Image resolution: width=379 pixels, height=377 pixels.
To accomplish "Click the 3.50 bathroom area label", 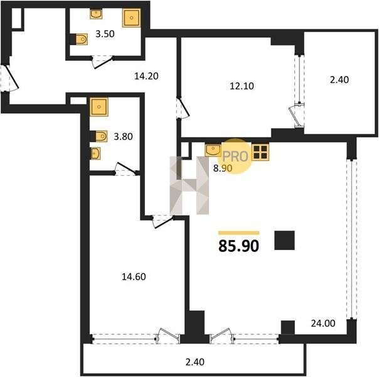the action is [105, 34].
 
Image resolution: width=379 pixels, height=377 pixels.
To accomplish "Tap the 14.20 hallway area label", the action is [146, 76].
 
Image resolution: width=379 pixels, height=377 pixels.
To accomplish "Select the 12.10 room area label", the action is [242, 86].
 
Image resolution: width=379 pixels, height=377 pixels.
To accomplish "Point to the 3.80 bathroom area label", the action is [123, 137].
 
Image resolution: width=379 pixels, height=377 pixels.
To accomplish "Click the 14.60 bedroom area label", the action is [134, 276].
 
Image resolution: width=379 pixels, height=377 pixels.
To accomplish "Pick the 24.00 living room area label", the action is [323, 324].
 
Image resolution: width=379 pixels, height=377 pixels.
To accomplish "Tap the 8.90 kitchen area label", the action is [223, 168].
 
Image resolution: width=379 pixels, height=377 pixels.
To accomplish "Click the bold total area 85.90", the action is [238, 246].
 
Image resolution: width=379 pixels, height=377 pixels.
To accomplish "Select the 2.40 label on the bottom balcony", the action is [195, 362].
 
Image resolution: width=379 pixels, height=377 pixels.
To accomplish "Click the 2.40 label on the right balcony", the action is [339, 80].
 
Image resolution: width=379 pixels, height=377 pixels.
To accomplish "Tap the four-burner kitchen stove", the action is [260, 153].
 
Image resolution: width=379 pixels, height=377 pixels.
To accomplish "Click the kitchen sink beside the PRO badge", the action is [213, 150].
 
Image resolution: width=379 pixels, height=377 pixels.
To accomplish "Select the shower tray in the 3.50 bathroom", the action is [132, 18].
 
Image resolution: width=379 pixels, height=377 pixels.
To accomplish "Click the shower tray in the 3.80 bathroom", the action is [99, 107].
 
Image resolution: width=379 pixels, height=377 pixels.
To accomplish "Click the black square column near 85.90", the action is [284, 240].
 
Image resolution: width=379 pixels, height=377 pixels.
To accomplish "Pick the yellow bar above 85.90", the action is [239, 233].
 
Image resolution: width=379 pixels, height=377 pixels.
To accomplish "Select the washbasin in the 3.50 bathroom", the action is [96, 14].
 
